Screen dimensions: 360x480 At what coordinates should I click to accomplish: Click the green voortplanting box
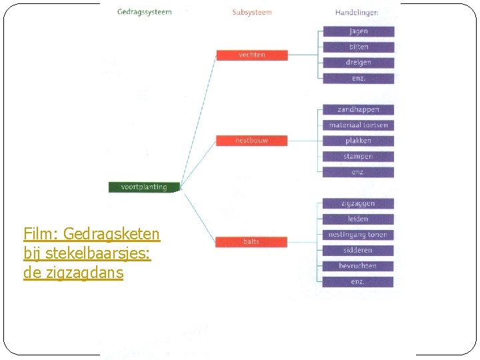click(144, 187)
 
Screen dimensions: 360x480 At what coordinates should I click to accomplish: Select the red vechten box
click(252, 55)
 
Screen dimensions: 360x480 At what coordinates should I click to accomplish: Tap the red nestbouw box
click(252, 141)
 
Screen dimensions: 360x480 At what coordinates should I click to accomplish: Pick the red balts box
click(251, 241)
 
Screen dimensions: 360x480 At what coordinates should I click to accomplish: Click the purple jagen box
click(358, 31)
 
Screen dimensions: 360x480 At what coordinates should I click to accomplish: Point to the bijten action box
click(358, 47)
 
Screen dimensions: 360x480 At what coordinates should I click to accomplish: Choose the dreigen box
click(358, 63)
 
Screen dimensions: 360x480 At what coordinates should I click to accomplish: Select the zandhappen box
click(358, 109)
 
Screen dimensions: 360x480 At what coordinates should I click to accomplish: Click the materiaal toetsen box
click(358, 125)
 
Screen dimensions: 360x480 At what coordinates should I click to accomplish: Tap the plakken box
click(358, 141)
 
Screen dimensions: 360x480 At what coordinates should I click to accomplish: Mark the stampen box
click(358, 157)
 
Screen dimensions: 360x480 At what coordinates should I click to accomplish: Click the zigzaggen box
click(358, 203)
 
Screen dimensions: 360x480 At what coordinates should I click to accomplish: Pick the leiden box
click(358, 219)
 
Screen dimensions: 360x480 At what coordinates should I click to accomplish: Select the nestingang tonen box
click(358, 235)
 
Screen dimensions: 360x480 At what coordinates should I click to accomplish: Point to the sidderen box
click(358, 250)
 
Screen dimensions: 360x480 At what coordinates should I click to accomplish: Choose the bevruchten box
click(358, 266)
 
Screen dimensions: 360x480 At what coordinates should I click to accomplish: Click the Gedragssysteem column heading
click(144, 12)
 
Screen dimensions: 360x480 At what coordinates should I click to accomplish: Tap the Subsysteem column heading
click(252, 12)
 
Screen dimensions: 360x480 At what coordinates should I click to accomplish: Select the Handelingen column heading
click(357, 12)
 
